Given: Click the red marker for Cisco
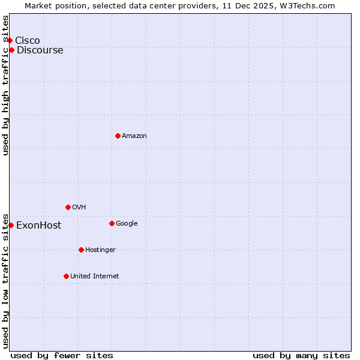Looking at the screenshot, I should (x=10, y=40).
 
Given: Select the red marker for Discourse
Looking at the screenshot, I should (x=11, y=50).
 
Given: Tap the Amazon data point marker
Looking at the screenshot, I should (x=118, y=136).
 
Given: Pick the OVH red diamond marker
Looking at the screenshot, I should (x=68, y=207).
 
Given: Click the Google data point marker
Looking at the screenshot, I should (x=112, y=223).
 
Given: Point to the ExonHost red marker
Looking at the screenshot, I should (x=11, y=225).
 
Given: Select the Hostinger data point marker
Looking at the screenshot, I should (x=81, y=250).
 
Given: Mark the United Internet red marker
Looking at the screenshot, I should (x=66, y=276).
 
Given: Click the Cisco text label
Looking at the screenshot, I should (x=28, y=40).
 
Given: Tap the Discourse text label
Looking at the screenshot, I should (x=40, y=50).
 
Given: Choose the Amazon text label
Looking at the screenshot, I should (x=134, y=136).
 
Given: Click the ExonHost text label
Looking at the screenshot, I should (x=38, y=226).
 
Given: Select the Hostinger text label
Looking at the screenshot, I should (x=100, y=250).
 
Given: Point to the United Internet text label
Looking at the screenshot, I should (x=94, y=276).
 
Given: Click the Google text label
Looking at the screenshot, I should (x=127, y=223).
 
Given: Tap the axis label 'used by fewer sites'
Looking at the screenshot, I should (x=62, y=355).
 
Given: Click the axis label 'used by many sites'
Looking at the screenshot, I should (x=301, y=355).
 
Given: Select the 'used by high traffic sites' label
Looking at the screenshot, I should (x=6, y=85).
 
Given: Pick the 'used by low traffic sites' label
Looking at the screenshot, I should (x=6, y=280).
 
